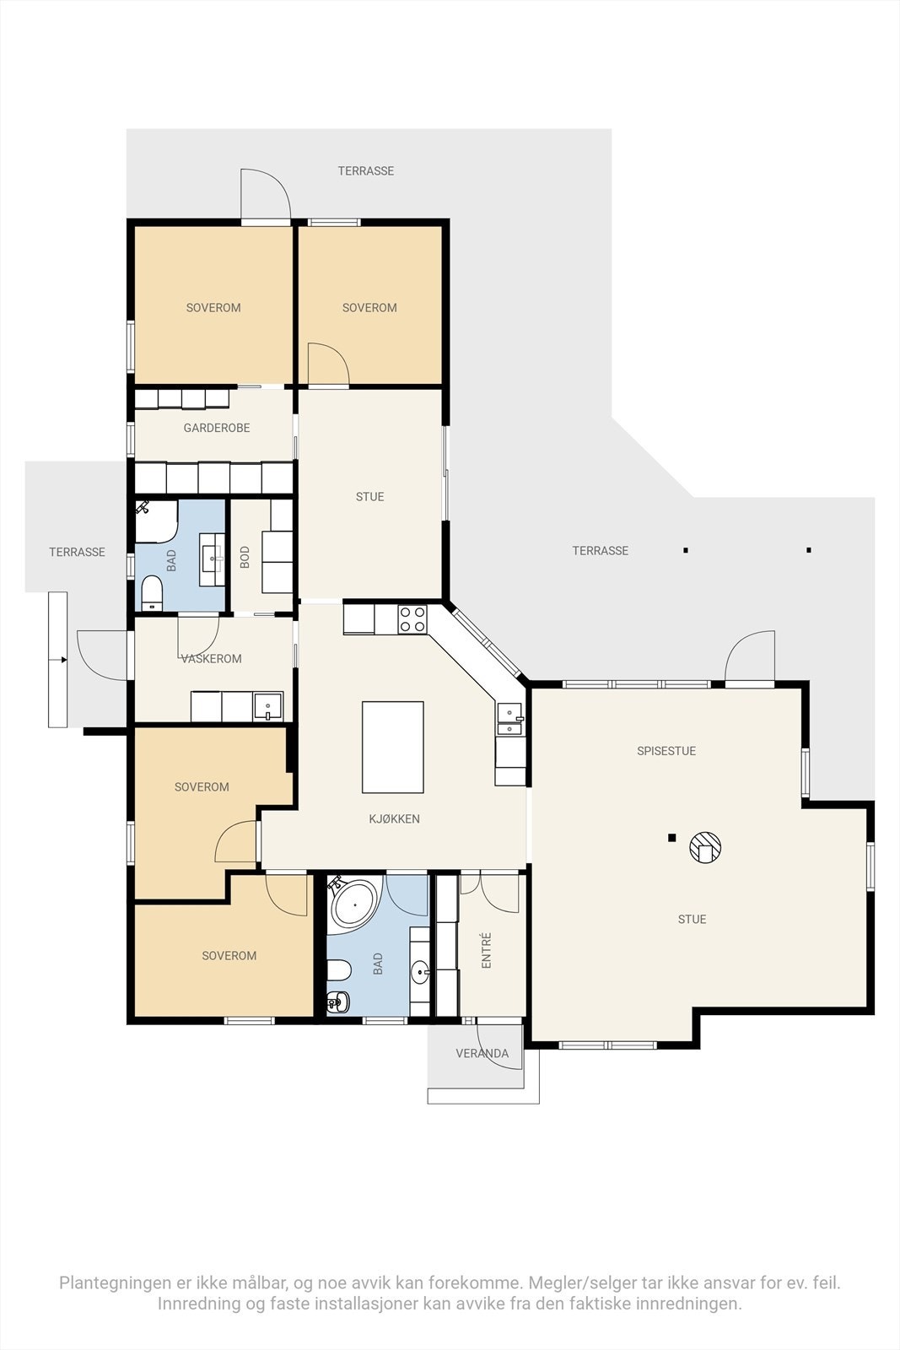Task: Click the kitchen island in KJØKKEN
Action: (392, 747)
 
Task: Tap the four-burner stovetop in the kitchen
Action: (412, 619)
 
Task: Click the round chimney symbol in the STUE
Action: (705, 848)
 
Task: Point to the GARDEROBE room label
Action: (217, 428)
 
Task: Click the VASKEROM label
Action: (212, 659)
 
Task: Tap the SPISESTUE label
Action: (666, 751)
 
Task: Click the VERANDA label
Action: (482, 1054)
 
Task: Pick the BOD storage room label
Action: (245, 557)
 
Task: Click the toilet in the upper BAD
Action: (151, 593)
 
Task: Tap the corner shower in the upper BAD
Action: (156, 521)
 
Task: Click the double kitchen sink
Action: (509, 720)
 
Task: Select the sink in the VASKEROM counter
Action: (268, 706)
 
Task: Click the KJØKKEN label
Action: (395, 819)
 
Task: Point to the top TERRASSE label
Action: (366, 171)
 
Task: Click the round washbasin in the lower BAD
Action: (420, 971)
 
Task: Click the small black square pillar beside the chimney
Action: (671, 838)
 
